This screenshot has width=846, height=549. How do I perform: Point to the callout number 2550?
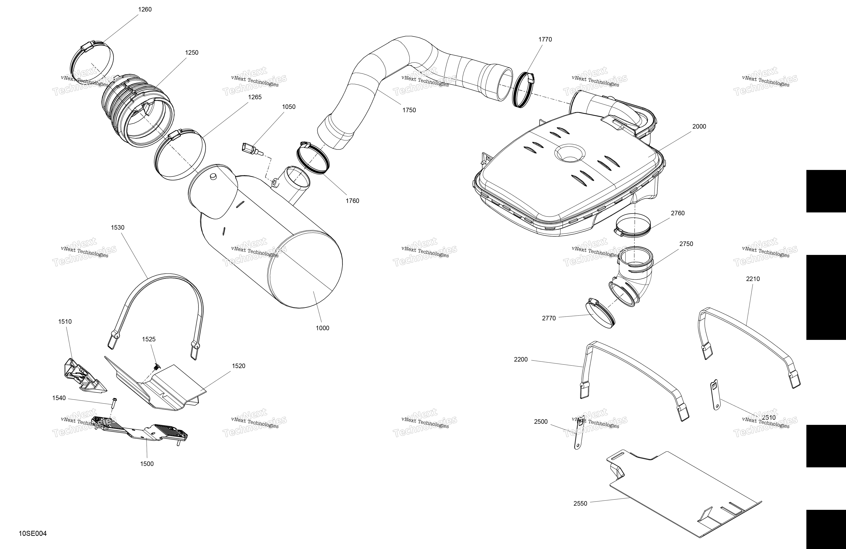(x=580, y=504)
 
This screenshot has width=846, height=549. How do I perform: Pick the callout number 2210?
(x=753, y=279)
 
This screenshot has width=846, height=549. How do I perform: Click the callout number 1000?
(x=322, y=328)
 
